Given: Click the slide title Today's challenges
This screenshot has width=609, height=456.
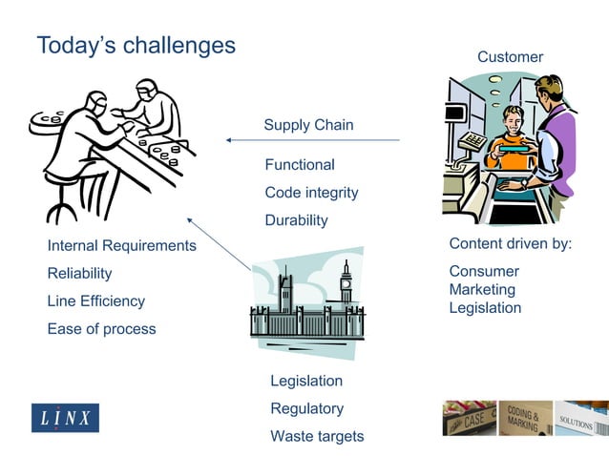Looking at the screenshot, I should pyautogui.click(x=136, y=45).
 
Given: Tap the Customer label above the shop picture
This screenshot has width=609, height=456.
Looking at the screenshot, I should pyautogui.click(x=510, y=57).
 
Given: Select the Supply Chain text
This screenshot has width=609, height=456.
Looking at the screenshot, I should pyautogui.click(x=308, y=125).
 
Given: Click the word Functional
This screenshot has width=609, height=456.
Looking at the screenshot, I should pyautogui.click(x=300, y=165).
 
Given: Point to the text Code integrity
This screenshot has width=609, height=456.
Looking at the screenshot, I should pyautogui.click(x=311, y=193).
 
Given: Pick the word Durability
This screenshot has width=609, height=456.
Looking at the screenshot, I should pyautogui.click(x=296, y=220).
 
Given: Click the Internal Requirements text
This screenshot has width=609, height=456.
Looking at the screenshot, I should pyautogui.click(x=121, y=246).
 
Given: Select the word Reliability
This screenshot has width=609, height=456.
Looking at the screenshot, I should pyautogui.click(x=79, y=274).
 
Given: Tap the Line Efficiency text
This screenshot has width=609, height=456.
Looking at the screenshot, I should pyautogui.click(x=95, y=301).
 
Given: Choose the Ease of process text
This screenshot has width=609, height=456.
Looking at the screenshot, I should pyautogui.click(x=101, y=329).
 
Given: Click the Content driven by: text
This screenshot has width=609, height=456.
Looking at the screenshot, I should pyautogui.click(x=510, y=244).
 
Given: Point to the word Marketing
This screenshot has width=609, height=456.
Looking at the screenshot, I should pyautogui.click(x=482, y=289).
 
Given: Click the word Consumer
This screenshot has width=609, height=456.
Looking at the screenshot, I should pyautogui.click(x=484, y=271).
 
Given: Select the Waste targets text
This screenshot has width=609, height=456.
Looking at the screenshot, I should pyautogui.click(x=317, y=436).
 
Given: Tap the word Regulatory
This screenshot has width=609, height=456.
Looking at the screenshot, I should pyautogui.click(x=306, y=408).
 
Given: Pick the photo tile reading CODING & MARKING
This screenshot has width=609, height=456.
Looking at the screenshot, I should pyautogui.click(x=525, y=418).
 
